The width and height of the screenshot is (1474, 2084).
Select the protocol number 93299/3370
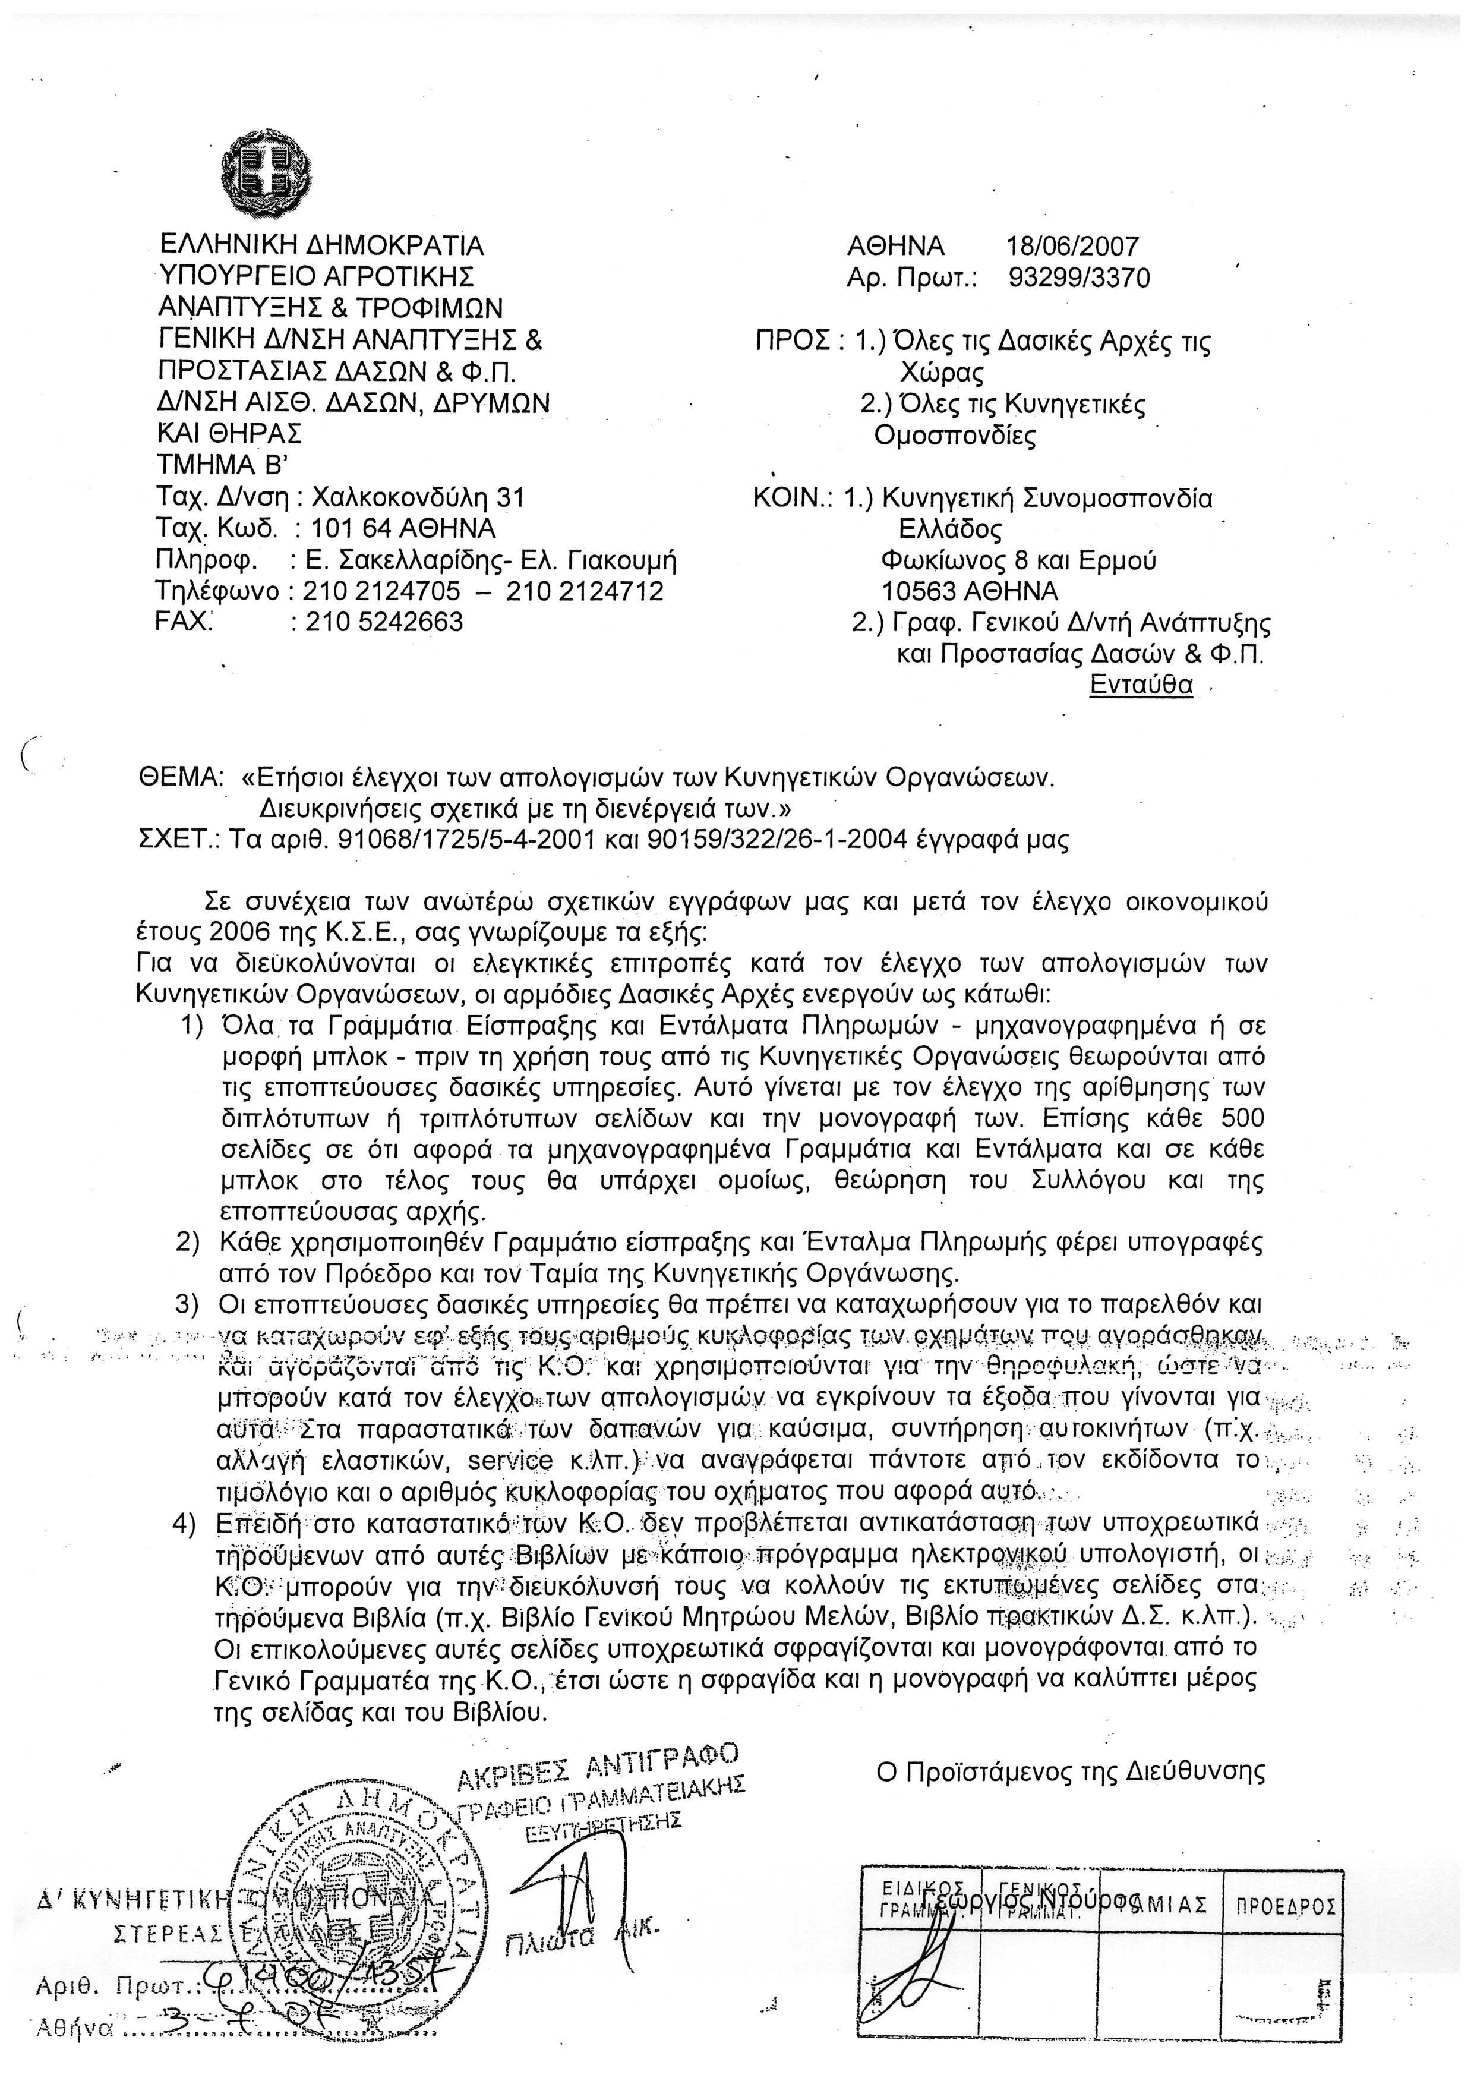coord(1079,278)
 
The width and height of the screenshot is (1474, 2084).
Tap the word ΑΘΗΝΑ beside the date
coord(896,246)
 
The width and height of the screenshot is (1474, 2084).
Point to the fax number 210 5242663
coord(384,622)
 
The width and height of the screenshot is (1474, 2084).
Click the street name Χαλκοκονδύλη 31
coord(418,497)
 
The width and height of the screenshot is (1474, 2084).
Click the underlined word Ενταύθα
coord(1141,685)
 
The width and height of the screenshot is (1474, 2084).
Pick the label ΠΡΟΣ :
coord(798,342)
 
